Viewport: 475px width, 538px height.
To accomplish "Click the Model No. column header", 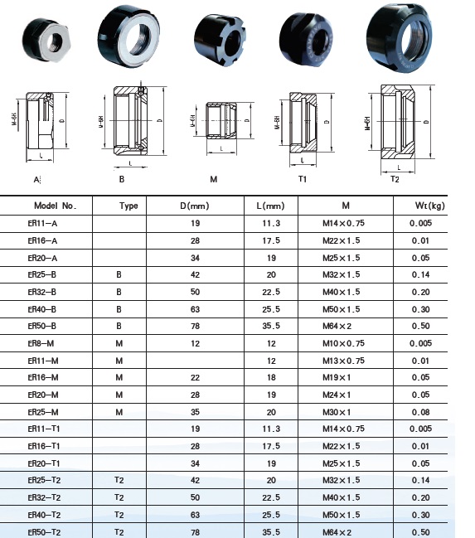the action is point(56,206).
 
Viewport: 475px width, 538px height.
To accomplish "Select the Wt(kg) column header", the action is point(429,206).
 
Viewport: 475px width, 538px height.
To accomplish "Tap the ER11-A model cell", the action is point(42,223).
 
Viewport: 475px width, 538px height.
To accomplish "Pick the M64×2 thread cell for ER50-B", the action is point(337,326).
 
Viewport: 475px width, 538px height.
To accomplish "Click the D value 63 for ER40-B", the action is point(196,309).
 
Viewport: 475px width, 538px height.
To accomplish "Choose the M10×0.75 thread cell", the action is point(343,343).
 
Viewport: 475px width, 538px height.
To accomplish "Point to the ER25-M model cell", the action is point(43,412).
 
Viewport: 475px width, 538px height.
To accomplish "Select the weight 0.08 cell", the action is point(421,412).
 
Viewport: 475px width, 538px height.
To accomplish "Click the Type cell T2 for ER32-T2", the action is point(119,497).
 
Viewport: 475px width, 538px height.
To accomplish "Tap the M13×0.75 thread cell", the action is point(343,361).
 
